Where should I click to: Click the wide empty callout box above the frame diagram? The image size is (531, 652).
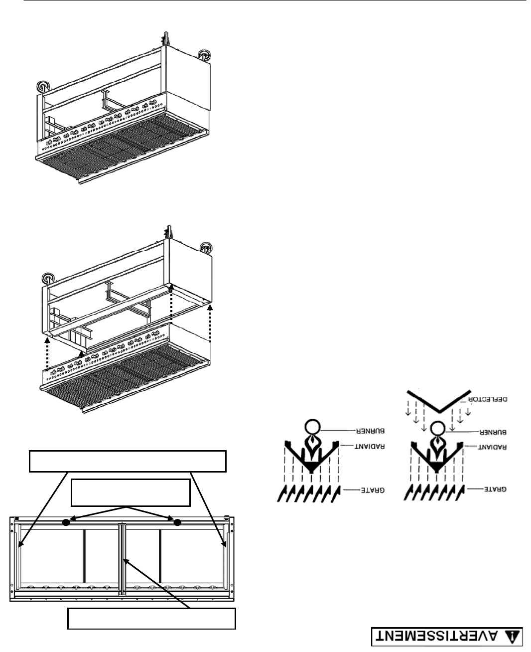pyautogui.click(x=128, y=461)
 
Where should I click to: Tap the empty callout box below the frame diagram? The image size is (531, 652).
pyautogui.click(x=151, y=619)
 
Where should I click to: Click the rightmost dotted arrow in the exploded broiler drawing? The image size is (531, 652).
pyautogui.click(x=210, y=324)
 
